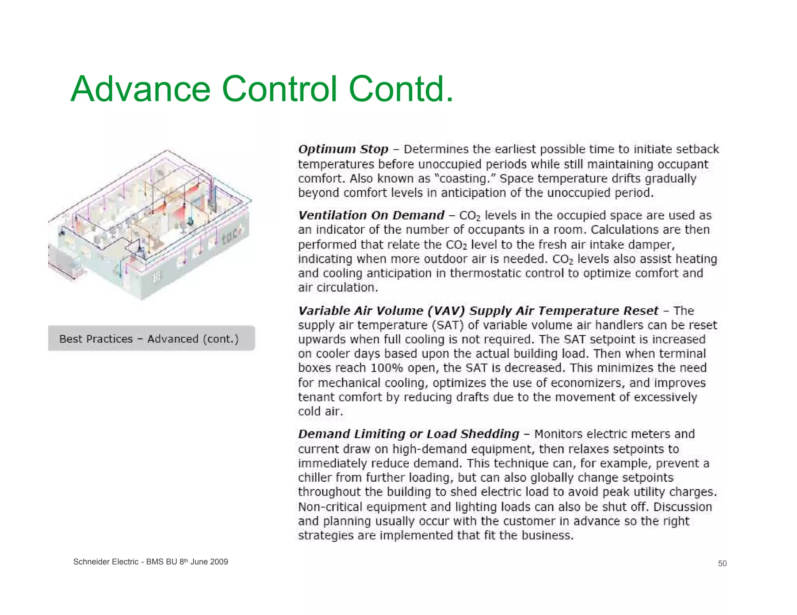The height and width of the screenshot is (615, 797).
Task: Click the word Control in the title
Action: [x=279, y=89]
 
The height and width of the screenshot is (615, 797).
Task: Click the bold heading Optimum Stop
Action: [x=343, y=149]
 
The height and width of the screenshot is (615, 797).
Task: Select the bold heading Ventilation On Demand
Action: [x=371, y=215]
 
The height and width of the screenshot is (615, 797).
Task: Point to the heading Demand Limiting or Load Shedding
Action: [x=409, y=434]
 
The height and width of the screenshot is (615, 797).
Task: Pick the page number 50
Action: [x=722, y=564]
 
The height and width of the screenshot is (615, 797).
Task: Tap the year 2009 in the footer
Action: [x=219, y=562]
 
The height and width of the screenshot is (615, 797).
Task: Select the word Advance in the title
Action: [x=140, y=89]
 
